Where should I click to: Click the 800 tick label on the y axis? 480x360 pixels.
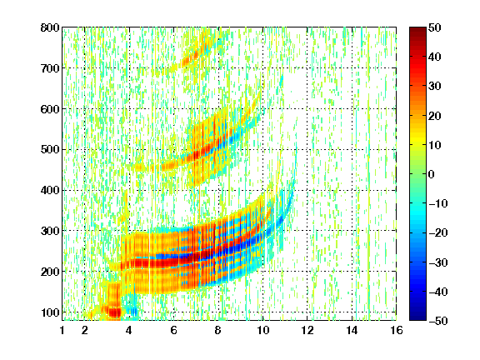pos(50,27)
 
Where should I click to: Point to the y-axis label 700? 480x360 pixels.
pos(50,68)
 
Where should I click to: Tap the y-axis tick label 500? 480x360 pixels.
pos(50,150)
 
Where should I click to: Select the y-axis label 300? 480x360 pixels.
pos(50,231)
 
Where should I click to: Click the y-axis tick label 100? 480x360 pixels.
pos(50,312)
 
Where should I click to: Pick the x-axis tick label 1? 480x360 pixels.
pos(62,330)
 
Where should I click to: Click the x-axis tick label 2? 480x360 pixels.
pos(85,330)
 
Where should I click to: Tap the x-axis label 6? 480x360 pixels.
pos(174,330)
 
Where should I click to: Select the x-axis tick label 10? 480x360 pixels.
pos(262,330)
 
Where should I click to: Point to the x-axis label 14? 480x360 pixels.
pos(352,330)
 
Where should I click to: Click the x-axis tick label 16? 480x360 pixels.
pos(397,330)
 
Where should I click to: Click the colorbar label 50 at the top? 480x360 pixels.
pos(435,27)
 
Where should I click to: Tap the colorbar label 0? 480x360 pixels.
pos(432,174)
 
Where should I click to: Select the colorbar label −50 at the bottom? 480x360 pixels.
pos(438,321)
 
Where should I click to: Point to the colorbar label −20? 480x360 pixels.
pos(438,233)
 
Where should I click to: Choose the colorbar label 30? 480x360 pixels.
pos(435,87)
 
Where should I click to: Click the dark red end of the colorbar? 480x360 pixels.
pos(417,30)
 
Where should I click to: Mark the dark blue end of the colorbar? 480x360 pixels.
pos(417,317)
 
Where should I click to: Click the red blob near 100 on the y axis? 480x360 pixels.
pos(115,312)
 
